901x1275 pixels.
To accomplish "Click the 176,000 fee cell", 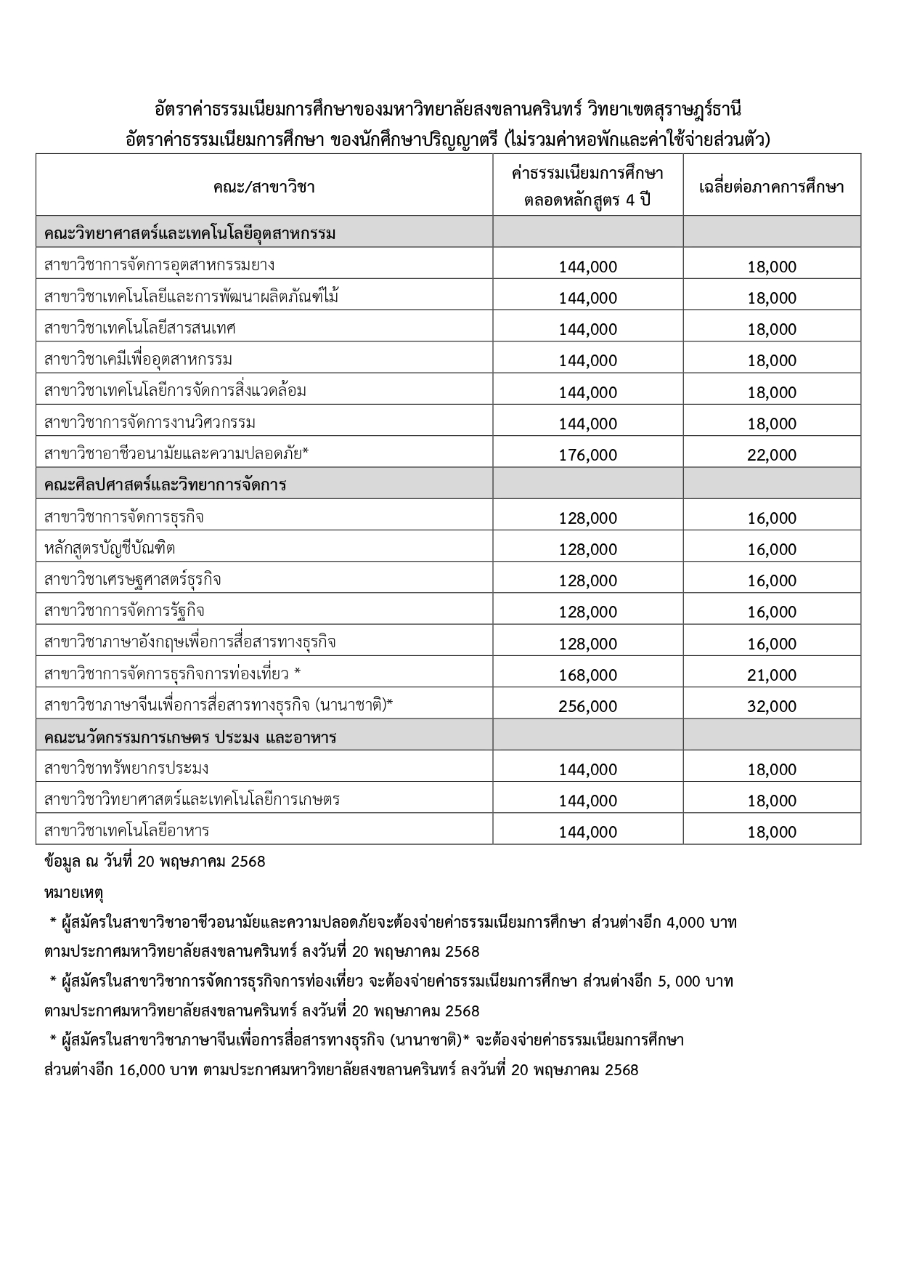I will (x=587, y=455).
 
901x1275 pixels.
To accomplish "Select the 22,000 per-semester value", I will (x=772, y=455).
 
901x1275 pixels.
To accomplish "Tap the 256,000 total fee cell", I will (x=587, y=706).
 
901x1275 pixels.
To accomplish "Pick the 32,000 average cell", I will (x=772, y=706).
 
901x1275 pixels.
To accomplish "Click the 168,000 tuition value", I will (x=587, y=675).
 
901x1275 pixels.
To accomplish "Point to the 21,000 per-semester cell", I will (x=772, y=675).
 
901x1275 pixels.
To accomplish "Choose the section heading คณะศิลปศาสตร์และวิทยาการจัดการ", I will (x=165, y=485).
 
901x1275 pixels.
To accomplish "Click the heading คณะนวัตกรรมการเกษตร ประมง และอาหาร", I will (x=190, y=737).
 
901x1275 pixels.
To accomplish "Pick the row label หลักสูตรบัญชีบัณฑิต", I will (x=110, y=549).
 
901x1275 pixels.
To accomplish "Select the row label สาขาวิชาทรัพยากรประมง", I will (x=126, y=769).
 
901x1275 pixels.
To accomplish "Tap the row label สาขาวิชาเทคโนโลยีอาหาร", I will (x=126, y=831).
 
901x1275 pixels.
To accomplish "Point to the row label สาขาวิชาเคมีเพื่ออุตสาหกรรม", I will (x=138, y=360).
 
